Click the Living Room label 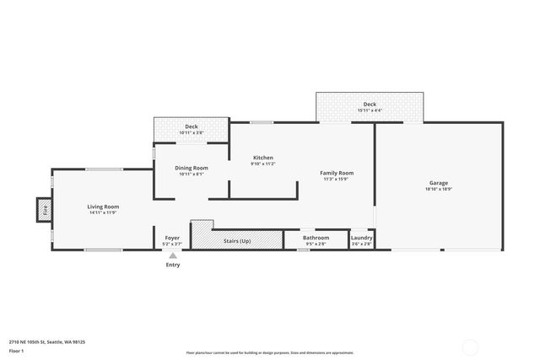(x=103, y=207)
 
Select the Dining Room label (x=192, y=168)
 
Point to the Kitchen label (x=263, y=158)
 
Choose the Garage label (x=438, y=183)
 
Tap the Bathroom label (x=316, y=238)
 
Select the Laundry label (x=361, y=238)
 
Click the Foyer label (x=172, y=238)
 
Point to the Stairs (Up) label (x=237, y=241)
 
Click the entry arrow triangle (x=172, y=255)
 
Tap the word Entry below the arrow (x=172, y=265)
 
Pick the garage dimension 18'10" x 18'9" (x=438, y=189)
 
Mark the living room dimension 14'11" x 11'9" (x=103, y=212)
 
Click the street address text (x=47, y=341)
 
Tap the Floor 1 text (x=16, y=350)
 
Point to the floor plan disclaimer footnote (x=270, y=352)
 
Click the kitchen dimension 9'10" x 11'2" (x=263, y=164)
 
